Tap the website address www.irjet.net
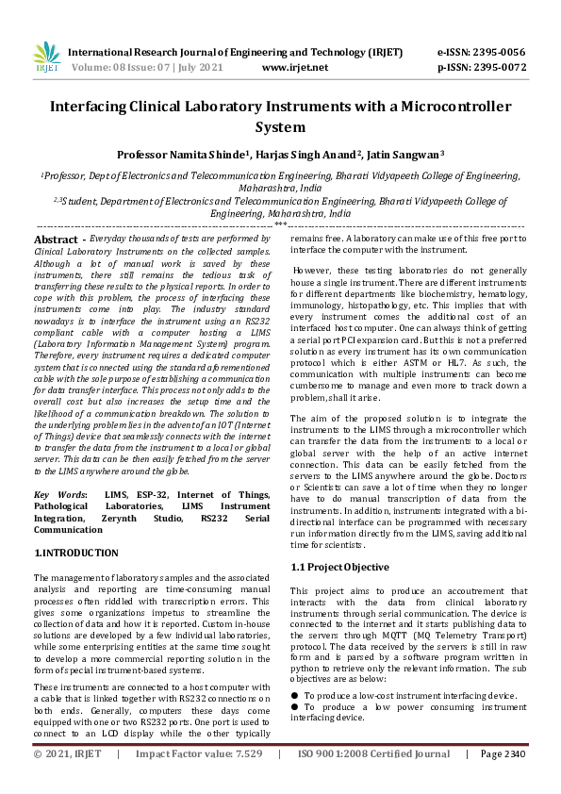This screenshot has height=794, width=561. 294,68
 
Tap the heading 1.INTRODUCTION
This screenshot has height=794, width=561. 76,553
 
